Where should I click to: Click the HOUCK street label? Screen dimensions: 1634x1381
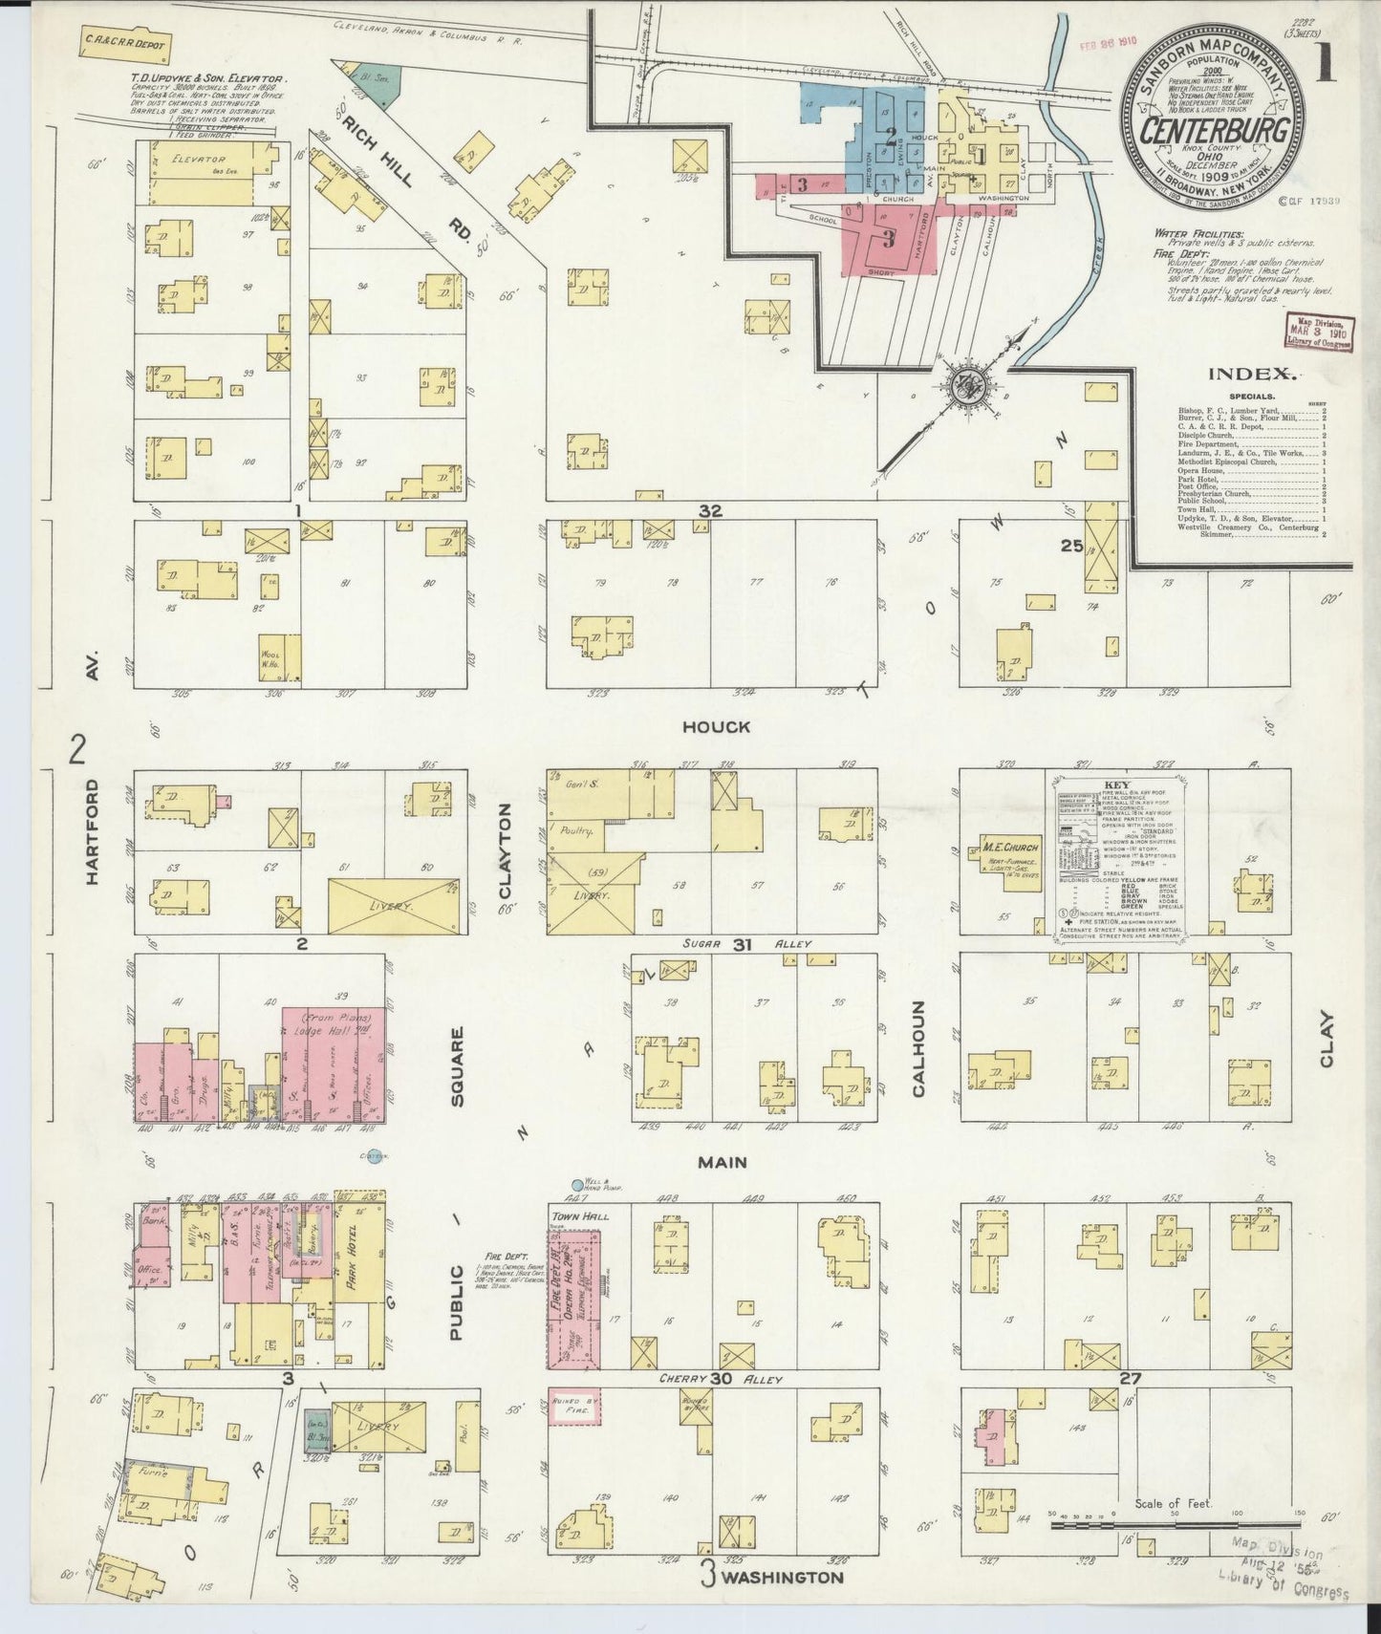(x=716, y=727)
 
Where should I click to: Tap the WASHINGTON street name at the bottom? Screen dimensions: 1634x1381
(x=783, y=1578)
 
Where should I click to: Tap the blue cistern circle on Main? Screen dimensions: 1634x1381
(x=375, y=1155)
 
